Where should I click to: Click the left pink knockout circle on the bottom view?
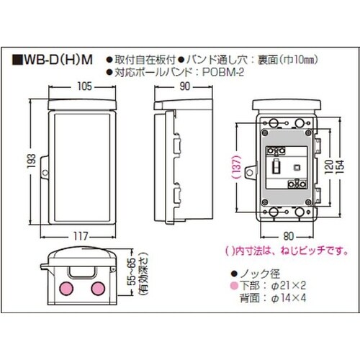[63, 289]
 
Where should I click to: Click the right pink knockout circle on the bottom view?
[95, 289]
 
